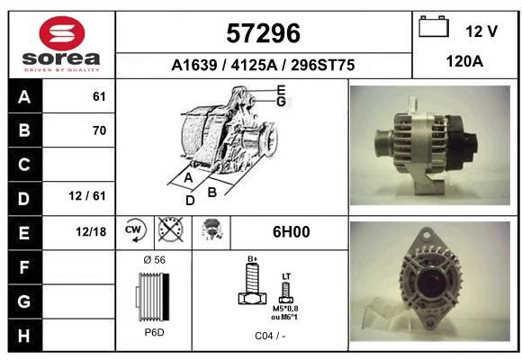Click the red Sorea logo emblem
tap(62, 33)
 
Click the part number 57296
tap(263, 33)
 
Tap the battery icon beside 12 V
tap(434, 26)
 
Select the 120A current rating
tap(464, 61)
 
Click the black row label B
tap(24, 130)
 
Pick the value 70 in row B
tap(99, 130)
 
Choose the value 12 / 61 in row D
tap(87, 196)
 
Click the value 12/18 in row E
tap(91, 232)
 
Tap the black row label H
tap(24, 336)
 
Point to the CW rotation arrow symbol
tap(135, 229)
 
